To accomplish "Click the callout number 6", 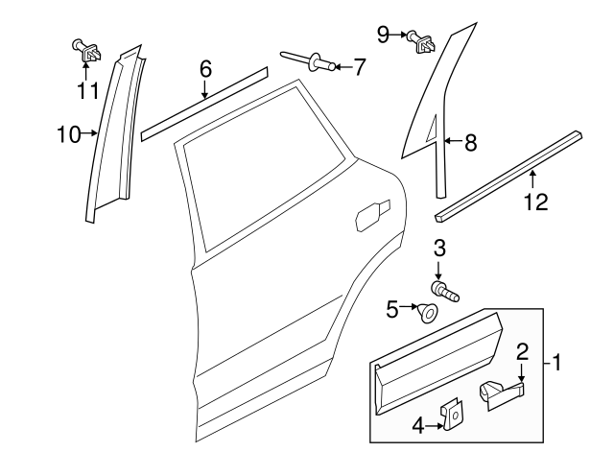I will point(204,69).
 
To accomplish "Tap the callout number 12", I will point(536,202).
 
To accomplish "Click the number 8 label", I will point(470,144).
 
